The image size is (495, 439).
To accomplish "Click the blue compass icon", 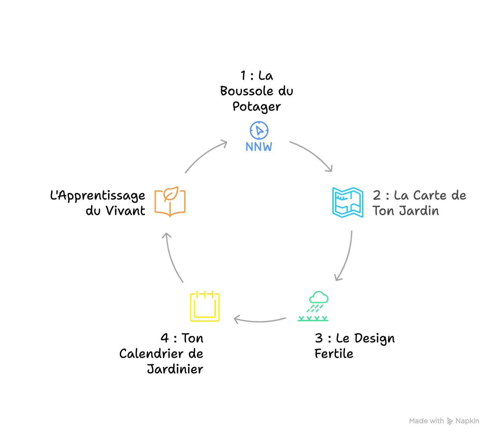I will tap(259, 130).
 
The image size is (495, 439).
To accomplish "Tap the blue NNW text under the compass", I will tap(259, 147).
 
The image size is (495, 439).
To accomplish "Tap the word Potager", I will tap(256, 107).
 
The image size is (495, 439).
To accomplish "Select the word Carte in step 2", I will tap(430, 195).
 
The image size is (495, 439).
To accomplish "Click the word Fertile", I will tap(334, 354).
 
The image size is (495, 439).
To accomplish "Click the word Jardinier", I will tap(175, 369).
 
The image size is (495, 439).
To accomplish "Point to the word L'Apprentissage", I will tap(97, 196).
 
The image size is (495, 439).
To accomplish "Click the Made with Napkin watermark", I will tap(444, 421).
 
